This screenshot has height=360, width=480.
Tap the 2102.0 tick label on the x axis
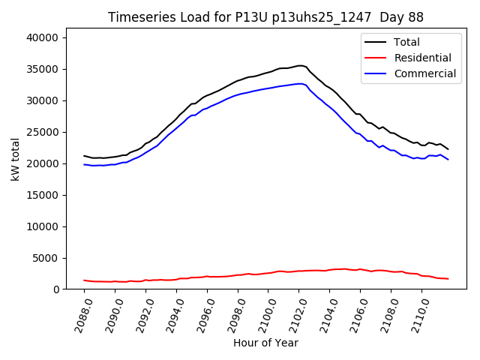coord(293,314)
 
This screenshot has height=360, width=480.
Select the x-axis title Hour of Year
coord(265,343)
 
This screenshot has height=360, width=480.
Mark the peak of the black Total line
coord(300,65)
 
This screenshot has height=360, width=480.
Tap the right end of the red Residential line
coord(448,279)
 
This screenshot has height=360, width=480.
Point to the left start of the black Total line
coord(84,156)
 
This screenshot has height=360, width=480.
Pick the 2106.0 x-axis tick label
coord(354,314)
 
